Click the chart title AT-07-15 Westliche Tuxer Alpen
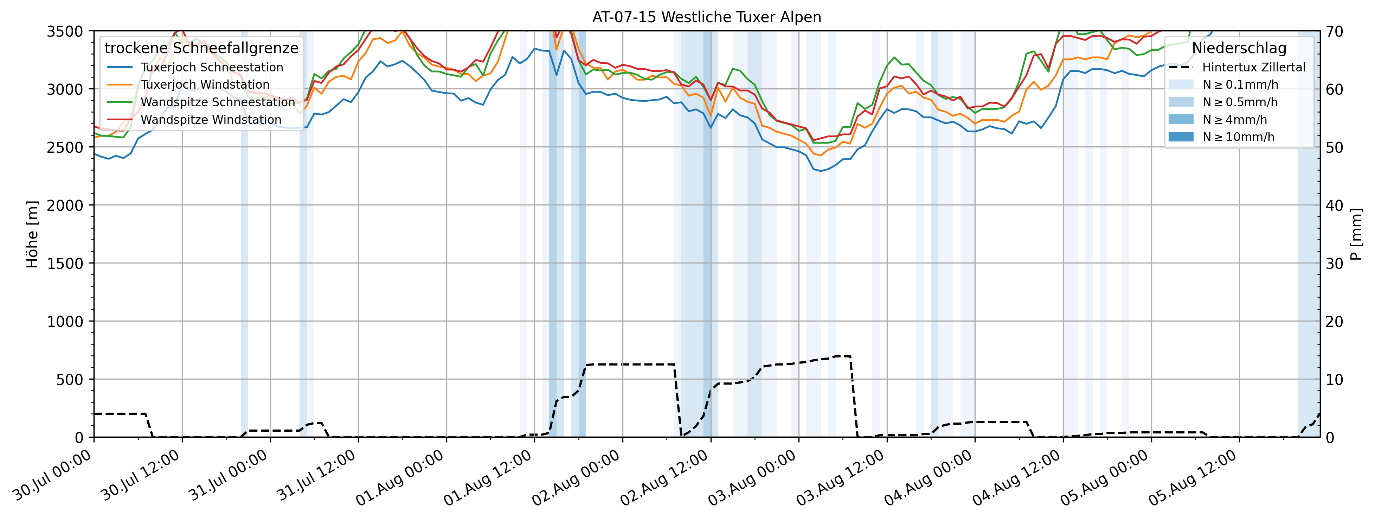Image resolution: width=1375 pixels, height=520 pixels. pyautogui.click(x=706, y=17)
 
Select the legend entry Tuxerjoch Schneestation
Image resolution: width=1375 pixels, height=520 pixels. pyautogui.click(x=211, y=67)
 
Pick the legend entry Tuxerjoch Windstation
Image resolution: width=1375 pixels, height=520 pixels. pyautogui.click(x=205, y=84)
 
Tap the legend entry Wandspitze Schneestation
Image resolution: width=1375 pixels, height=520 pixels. pyautogui.click(x=218, y=102)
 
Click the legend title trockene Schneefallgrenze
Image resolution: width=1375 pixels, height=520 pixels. pyautogui.click(x=201, y=48)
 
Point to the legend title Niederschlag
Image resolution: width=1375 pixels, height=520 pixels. pyautogui.click(x=1239, y=48)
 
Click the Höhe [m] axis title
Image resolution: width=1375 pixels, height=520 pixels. pyautogui.click(x=33, y=234)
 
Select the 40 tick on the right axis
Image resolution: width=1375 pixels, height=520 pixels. pyautogui.click(x=1334, y=205)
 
